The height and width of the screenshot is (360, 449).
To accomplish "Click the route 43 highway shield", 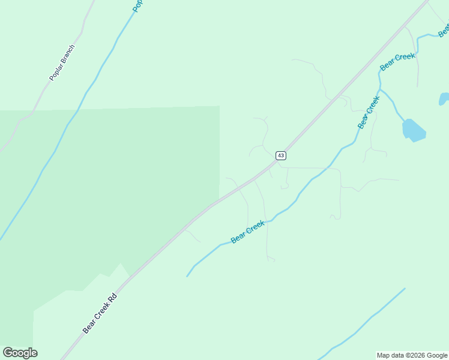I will [x=281, y=155].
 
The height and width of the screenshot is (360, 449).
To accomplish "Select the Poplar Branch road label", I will [x=62, y=63].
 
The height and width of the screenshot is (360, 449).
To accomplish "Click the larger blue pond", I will [x=413, y=130].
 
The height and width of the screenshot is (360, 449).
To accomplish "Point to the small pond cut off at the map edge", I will [x=444, y=98].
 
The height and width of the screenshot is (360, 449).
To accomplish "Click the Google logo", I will [x=20, y=353].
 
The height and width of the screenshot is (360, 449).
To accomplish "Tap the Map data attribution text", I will [x=412, y=355].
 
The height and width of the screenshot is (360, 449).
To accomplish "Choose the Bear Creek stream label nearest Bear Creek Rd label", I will [x=248, y=231].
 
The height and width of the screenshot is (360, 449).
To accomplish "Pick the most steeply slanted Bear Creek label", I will [x=369, y=112].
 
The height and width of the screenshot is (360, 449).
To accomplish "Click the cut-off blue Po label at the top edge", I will [x=138, y=5].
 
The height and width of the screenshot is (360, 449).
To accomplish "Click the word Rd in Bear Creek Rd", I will [x=112, y=298].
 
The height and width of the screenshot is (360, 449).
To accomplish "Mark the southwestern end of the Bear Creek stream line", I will [x=188, y=276].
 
